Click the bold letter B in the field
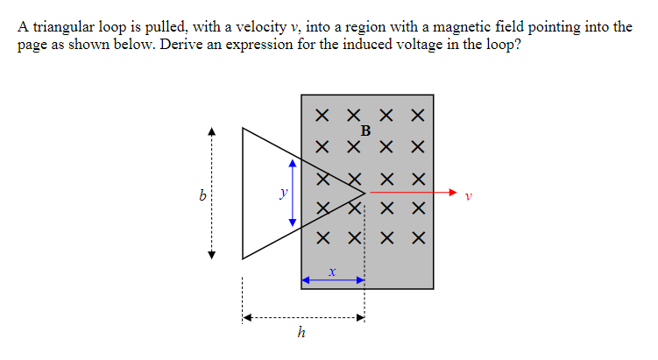pyautogui.click(x=365, y=131)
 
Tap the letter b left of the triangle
pyautogui.click(x=202, y=194)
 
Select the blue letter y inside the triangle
pyautogui.click(x=282, y=192)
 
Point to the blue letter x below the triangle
pyautogui.click(x=332, y=272)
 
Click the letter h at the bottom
pyautogui.click(x=301, y=333)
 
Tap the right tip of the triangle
pyautogui.click(x=364, y=192)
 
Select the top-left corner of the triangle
pyautogui.click(x=244, y=128)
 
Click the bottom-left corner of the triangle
pyautogui.click(x=244, y=258)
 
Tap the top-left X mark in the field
pyautogui.click(x=323, y=115)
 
